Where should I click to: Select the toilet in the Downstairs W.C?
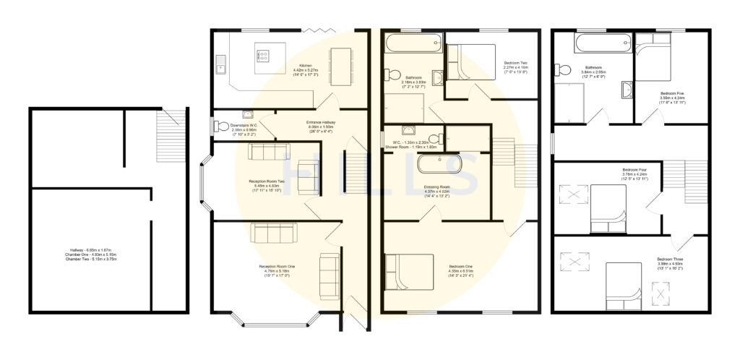[x=220, y=127]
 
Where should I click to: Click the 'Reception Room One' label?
[x=277, y=266]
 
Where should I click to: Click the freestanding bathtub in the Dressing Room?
[x=441, y=166]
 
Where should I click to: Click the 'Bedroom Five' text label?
[x=671, y=93]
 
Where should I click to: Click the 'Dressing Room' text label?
[x=438, y=187]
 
